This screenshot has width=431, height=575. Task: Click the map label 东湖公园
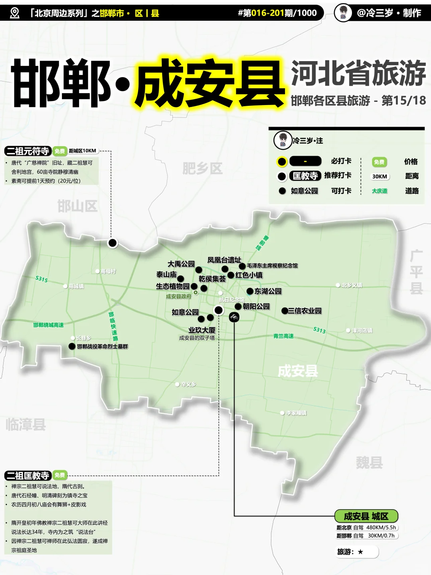pyautogui.click(x=268, y=291)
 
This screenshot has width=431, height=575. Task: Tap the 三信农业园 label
pyautogui.click(x=304, y=311)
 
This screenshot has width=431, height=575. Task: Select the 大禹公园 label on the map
pyautogui.click(x=181, y=264)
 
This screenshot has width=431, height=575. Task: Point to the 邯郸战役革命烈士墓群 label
pyautogui.click(x=103, y=346)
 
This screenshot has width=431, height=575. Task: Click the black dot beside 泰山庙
pyautogui.click(x=180, y=278)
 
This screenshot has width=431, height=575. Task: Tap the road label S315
pyautogui.click(x=42, y=279)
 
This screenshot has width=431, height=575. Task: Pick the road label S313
pyautogui.click(x=319, y=330)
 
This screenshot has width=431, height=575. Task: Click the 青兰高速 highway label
pyautogui.click(x=283, y=336)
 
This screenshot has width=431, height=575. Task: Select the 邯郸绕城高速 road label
pyautogui.click(x=48, y=325)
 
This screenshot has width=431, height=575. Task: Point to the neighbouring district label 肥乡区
pyautogui.click(x=202, y=168)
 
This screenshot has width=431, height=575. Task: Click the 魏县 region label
pyautogui.click(x=369, y=463)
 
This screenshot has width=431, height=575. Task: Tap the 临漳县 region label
pyautogui.click(x=26, y=424)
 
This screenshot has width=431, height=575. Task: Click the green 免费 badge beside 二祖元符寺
pyautogui.click(x=59, y=151)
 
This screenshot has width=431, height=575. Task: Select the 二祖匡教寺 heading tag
pyautogui.click(x=28, y=476)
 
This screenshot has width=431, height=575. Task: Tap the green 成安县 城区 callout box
pyautogui.click(x=366, y=516)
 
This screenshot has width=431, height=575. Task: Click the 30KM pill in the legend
pyautogui.click(x=380, y=176)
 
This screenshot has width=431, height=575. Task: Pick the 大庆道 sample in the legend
pyautogui.click(x=380, y=191)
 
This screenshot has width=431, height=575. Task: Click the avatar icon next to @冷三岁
pyautogui.click(x=343, y=13)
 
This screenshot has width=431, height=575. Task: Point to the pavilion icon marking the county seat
pyautogui.click(x=234, y=317)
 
